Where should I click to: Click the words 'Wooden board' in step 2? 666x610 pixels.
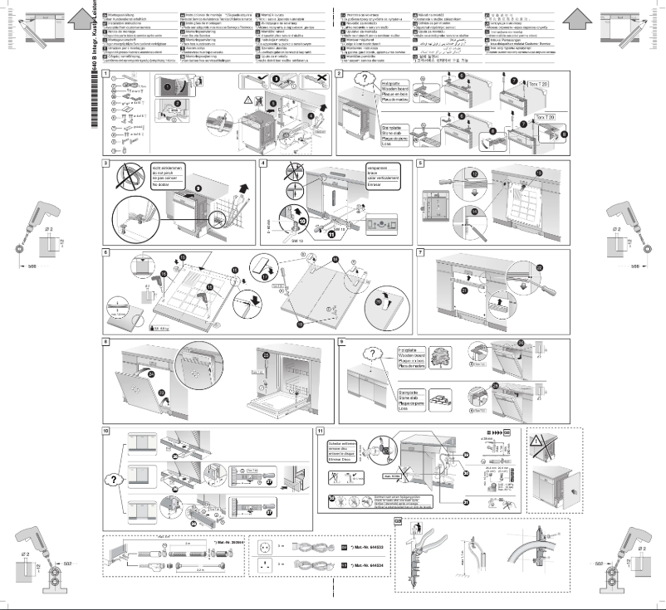click(400, 90)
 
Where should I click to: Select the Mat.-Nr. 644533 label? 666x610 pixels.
click(363, 548)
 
